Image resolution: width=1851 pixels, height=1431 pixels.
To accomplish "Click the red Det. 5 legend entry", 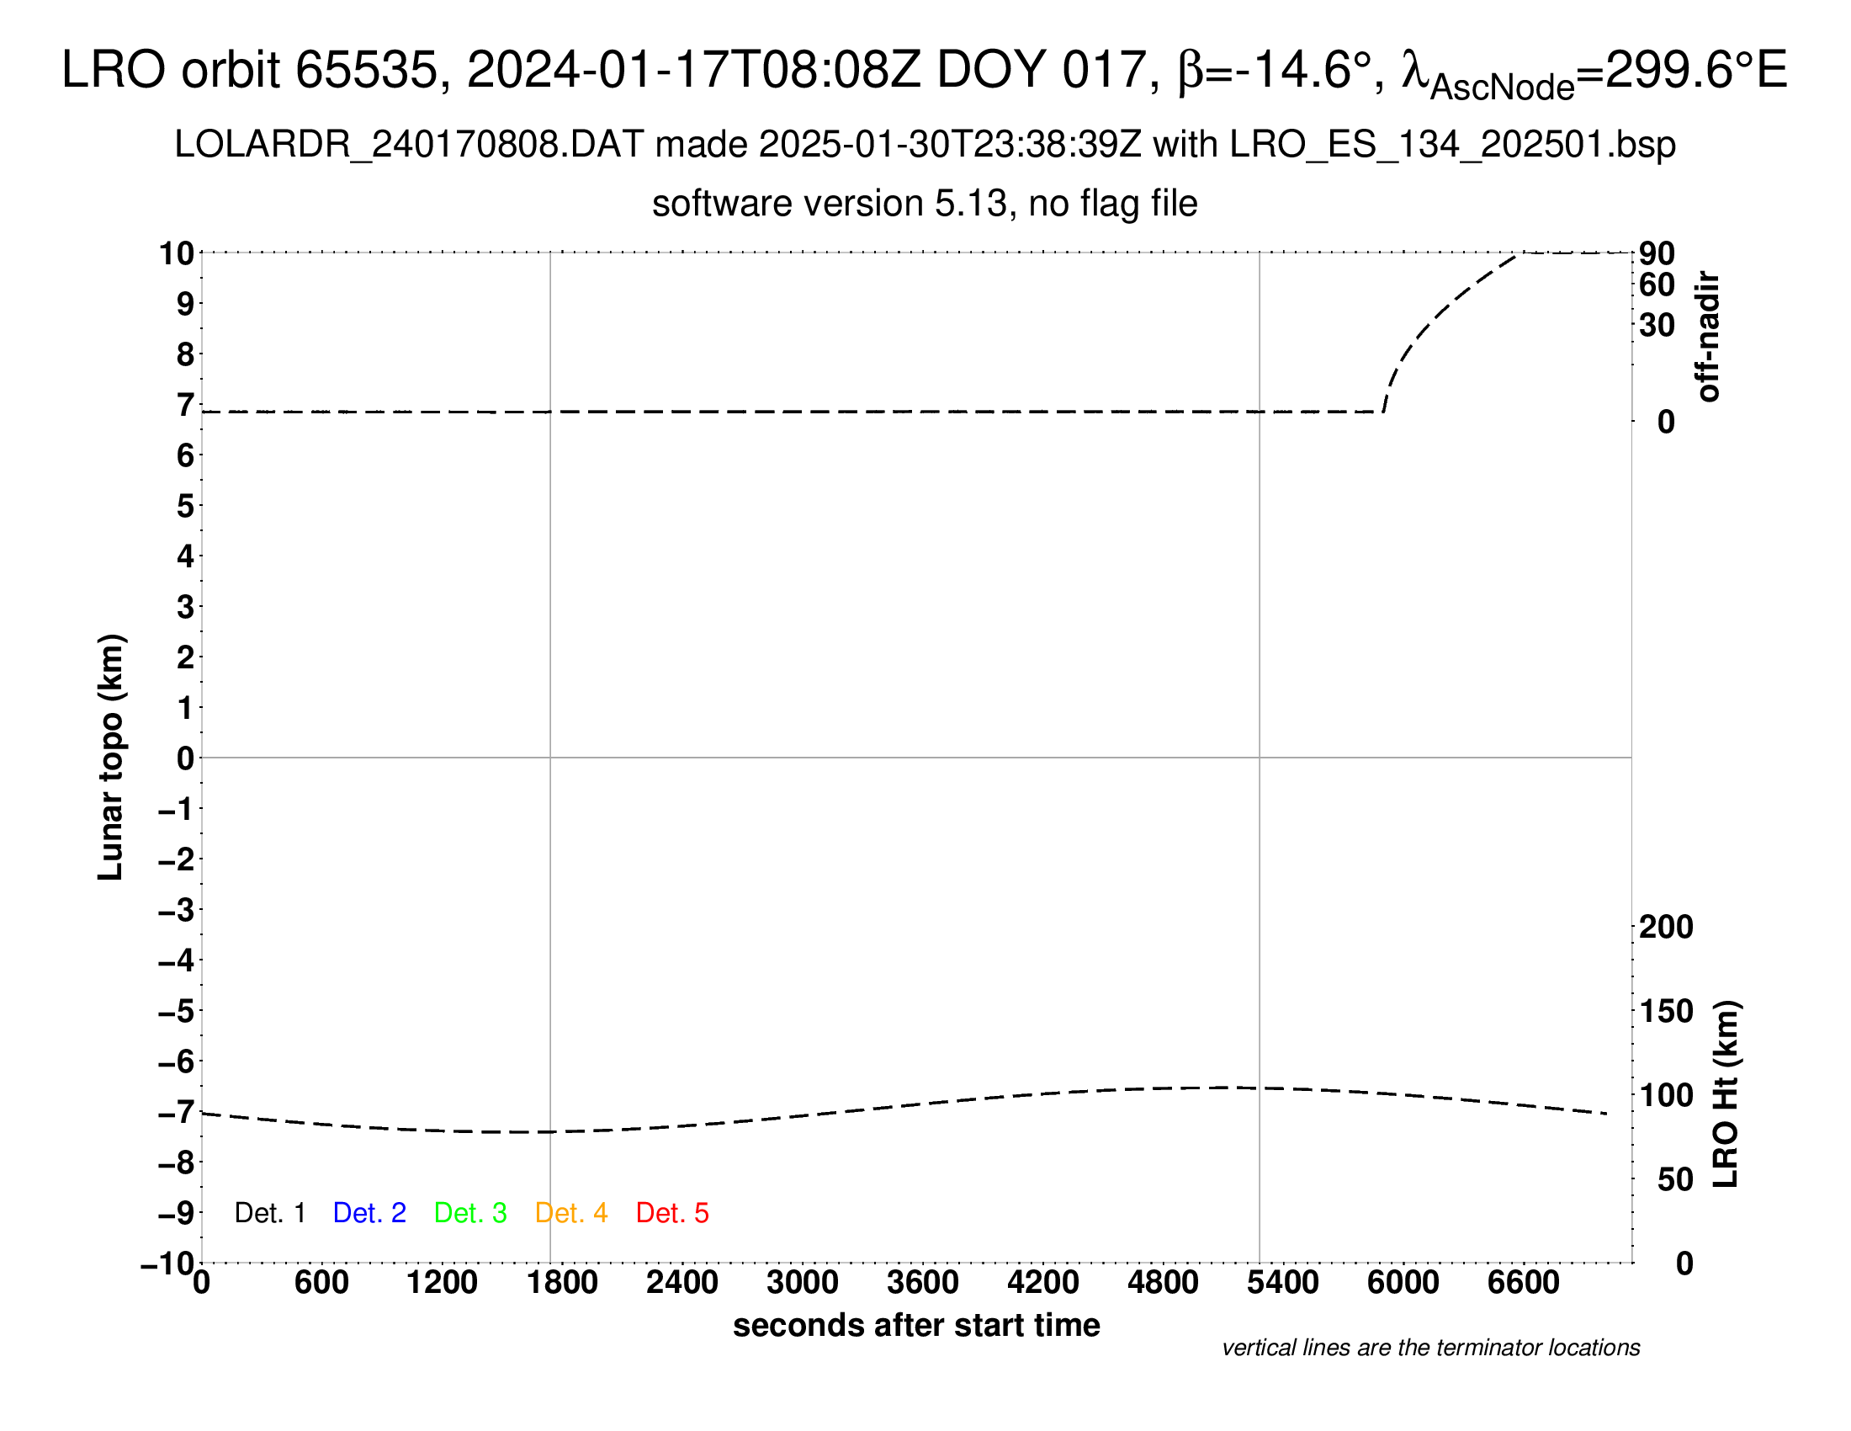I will (x=671, y=1213).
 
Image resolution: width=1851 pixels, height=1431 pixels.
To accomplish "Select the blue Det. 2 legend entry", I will (x=369, y=1213).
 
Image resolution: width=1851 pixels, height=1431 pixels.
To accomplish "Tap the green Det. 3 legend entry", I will (x=470, y=1213).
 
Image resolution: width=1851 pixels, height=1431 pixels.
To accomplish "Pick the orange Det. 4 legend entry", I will (x=571, y=1213).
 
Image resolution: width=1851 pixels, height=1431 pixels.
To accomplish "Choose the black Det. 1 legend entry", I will (x=269, y=1213).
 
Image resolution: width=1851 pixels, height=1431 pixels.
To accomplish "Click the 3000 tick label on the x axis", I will (x=802, y=1282).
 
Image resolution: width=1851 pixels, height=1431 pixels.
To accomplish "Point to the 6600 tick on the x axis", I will (x=1523, y=1282).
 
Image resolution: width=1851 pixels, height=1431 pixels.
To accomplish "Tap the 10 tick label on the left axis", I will (x=178, y=253).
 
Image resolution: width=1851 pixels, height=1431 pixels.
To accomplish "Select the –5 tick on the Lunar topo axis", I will (x=177, y=1010).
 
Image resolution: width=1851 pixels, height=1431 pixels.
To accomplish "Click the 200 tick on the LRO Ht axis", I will (x=1665, y=927).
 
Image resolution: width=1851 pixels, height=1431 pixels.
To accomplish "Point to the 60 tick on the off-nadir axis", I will (x=1657, y=285).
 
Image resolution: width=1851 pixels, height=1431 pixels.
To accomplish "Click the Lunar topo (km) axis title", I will (x=111, y=757).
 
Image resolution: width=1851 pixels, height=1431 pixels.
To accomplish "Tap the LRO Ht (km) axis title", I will (x=1726, y=1094).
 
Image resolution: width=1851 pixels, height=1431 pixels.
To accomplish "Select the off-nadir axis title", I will (x=1709, y=337).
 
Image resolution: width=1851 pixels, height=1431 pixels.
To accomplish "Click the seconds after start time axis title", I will (x=916, y=1325).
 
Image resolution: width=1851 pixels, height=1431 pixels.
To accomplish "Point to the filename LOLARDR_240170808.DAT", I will (x=409, y=145).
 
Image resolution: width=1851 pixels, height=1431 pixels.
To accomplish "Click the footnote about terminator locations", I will (x=1430, y=1348).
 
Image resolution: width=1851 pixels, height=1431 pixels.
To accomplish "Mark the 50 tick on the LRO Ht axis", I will (x=1674, y=1179).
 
